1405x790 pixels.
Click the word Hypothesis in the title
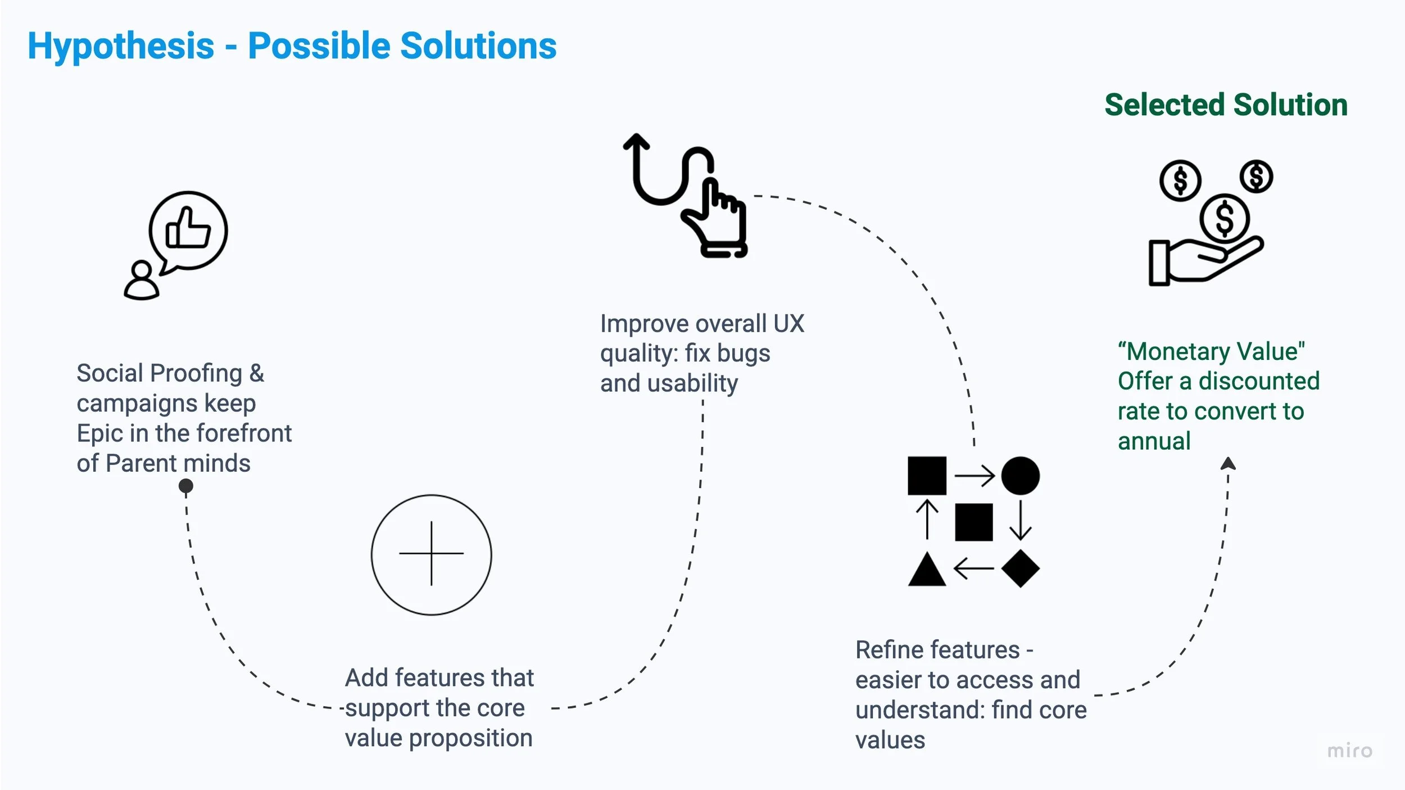(x=121, y=46)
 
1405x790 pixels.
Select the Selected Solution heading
(x=1226, y=105)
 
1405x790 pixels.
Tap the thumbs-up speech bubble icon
(x=188, y=231)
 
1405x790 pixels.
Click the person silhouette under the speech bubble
(x=141, y=281)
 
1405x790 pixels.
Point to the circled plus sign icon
(x=431, y=554)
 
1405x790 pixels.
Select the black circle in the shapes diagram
(x=1020, y=476)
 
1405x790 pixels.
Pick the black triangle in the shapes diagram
(x=927, y=571)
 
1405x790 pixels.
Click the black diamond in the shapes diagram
(x=1020, y=568)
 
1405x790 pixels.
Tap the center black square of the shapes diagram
(x=973, y=522)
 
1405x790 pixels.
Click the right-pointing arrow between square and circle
(x=974, y=476)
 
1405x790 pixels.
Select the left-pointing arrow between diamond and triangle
(x=974, y=568)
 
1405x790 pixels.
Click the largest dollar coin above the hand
(x=1224, y=218)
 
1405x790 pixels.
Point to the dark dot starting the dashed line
(x=185, y=485)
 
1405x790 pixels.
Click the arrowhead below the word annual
(x=1228, y=463)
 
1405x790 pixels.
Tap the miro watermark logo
(x=1349, y=751)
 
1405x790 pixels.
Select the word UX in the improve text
(x=788, y=324)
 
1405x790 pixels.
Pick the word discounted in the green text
(x=1259, y=381)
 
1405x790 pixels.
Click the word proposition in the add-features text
(x=470, y=738)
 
